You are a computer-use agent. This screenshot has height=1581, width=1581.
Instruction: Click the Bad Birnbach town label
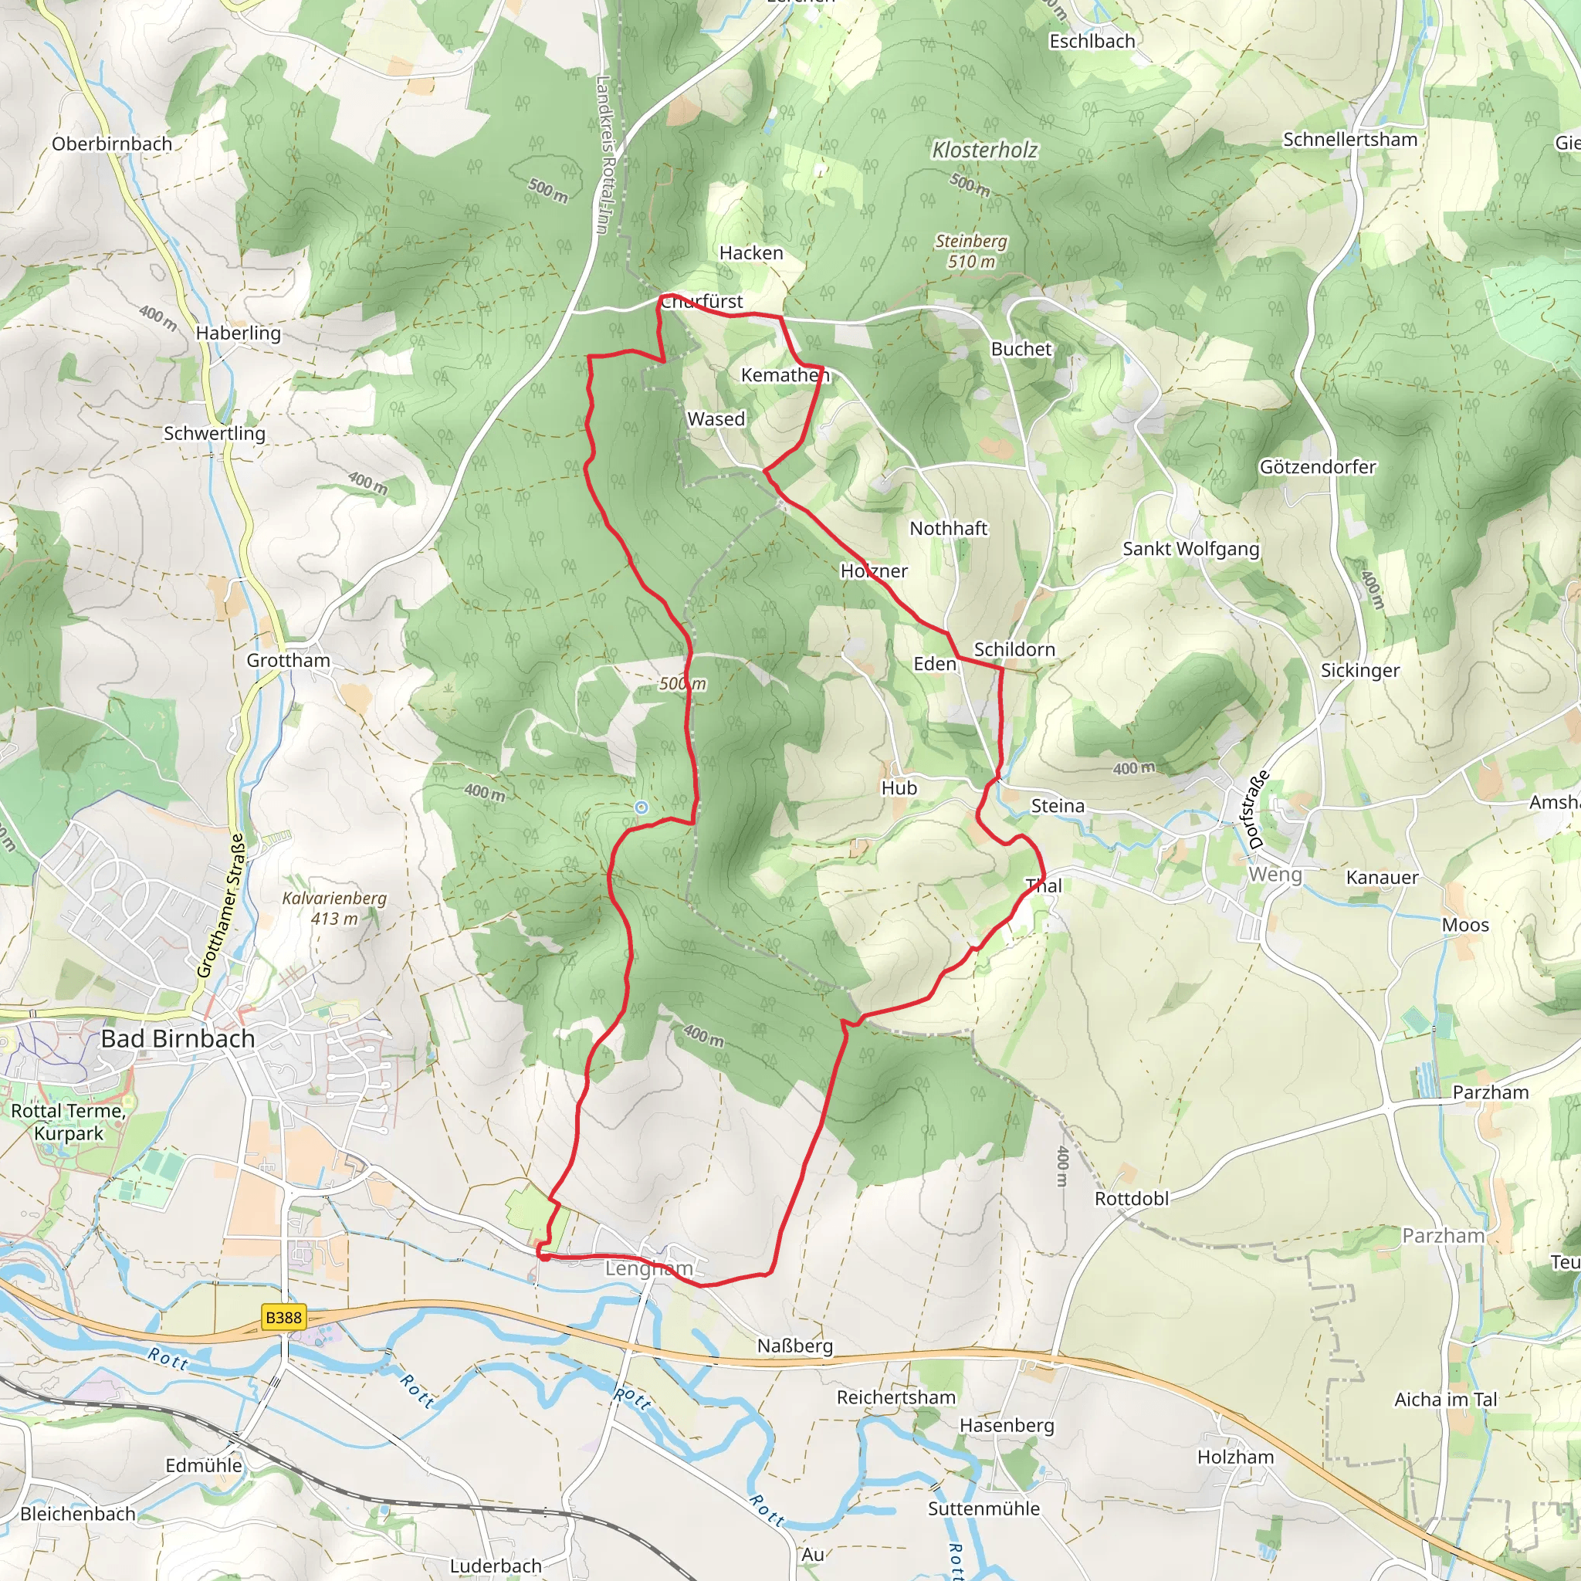tap(178, 1038)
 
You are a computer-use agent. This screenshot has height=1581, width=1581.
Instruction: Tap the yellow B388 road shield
tap(284, 1318)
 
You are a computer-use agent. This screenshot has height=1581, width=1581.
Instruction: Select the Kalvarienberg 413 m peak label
tap(333, 909)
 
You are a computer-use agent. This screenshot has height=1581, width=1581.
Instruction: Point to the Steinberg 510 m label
tap(971, 251)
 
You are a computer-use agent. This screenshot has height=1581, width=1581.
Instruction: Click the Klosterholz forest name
tap(984, 150)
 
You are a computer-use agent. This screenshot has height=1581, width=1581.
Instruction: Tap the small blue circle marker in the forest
tap(642, 807)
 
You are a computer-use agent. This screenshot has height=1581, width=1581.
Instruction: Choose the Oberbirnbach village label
tap(112, 144)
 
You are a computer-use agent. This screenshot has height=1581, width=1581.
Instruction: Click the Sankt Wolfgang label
tap(1190, 548)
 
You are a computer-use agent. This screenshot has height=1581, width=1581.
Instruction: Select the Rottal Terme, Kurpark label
tap(68, 1122)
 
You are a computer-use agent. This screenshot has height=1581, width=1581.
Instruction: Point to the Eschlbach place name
tap(1092, 41)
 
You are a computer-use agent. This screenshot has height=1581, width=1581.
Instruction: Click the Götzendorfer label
tap(1318, 466)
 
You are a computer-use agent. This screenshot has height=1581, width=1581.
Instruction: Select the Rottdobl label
tap(1132, 1198)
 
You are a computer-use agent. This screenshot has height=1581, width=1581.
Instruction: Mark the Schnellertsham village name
tap(1349, 139)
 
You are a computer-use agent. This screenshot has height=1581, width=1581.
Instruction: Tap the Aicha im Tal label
tap(1445, 1400)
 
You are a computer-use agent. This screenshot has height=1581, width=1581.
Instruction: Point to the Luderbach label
tap(496, 1566)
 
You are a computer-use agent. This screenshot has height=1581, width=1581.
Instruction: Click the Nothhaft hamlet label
tap(949, 529)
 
